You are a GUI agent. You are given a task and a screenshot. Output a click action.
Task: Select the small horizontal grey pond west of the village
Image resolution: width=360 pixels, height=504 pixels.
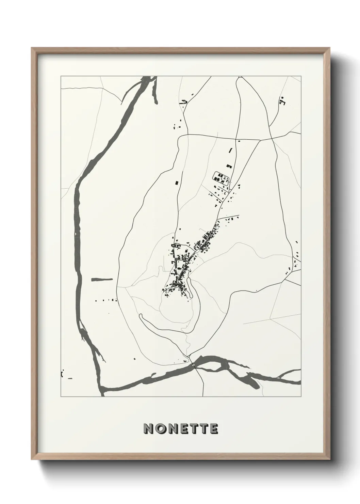click(x=102, y=279)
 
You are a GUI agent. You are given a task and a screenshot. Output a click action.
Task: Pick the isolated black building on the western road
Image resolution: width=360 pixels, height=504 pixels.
click(x=176, y=183)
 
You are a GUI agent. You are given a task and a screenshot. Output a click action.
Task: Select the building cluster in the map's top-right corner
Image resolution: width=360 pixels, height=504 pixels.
click(x=282, y=100)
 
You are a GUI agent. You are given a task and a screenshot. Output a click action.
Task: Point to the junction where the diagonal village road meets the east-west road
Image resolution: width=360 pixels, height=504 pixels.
click(x=260, y=140)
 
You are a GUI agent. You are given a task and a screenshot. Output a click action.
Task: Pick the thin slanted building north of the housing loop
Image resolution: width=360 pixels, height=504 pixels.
click(x=230, y=150)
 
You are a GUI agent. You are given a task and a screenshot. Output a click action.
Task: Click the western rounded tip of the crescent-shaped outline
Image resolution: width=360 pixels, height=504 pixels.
click(x=141, y=316)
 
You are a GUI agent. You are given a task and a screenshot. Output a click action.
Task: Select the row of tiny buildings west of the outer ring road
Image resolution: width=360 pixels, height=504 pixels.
click(x=106, y=300)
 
